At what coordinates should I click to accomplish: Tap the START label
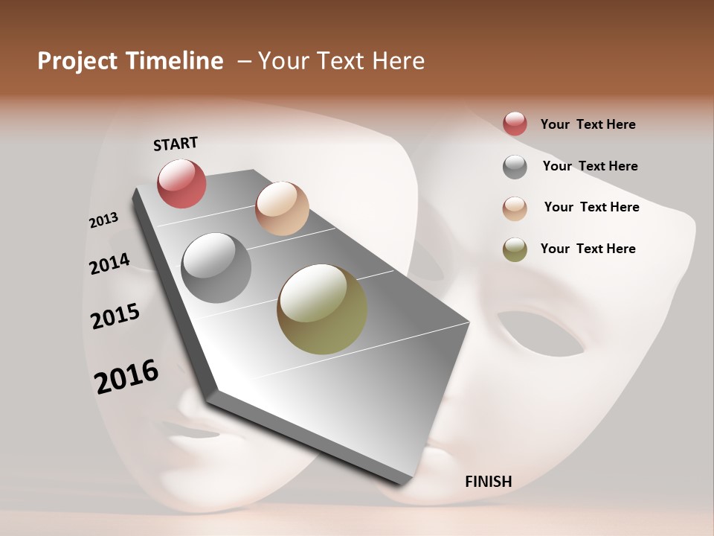click(x=176, y=144)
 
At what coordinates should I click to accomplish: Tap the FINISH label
click(x=489, y=482)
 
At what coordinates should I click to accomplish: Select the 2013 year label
click(x=103, y=220)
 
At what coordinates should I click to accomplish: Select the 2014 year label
click(x=109, y=264)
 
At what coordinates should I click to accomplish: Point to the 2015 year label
click(x=115, y=316)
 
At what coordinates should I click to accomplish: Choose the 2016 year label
click(x=126, y=376)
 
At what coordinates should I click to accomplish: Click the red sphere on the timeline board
click(x=181, y=183)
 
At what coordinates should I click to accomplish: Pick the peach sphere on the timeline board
click(x=282, y=208)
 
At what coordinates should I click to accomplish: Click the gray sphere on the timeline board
click(x=216, y=268)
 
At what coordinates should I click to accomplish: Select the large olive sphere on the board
click(x=322, y=309)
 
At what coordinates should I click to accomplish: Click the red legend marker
click(x=515, y=124)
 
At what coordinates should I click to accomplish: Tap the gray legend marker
click(x=515, y=167)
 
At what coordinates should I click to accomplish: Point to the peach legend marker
click(x=515, y=208)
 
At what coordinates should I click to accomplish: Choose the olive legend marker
click(x=515, y=250)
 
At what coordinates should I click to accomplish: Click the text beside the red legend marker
click(x=588, y=124)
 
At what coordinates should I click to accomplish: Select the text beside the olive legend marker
click(x=588, y=249)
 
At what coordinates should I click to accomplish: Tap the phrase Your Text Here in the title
click(x=341, y=61)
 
